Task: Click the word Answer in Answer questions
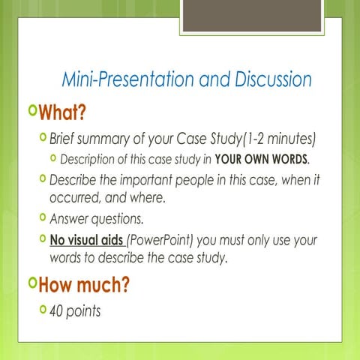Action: pos(68,220)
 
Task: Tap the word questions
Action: pos(115,220)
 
